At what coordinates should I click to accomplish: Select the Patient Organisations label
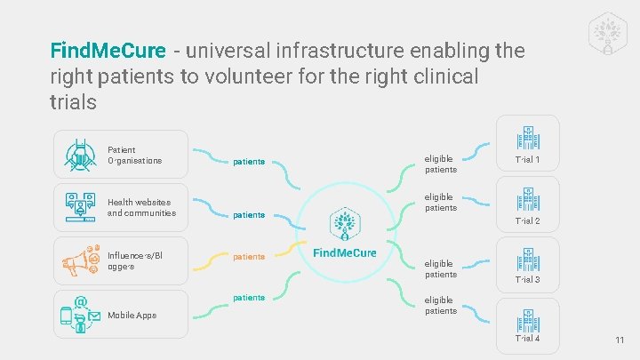coord(134,156)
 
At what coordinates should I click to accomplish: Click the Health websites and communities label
coord(141,207)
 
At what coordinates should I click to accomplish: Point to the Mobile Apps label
coord(132,316)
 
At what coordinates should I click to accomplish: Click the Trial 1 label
coord(528,161)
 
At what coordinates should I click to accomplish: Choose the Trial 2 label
coord(528,220)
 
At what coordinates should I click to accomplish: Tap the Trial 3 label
coord(528,280)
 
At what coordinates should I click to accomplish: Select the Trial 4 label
coord(528,338)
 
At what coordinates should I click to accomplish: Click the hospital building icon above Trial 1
coord(528,138)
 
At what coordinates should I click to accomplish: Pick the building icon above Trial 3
coord(528,259)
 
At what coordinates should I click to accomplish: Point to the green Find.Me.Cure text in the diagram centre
coord(345,253)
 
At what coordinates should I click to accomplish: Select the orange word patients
coord(249,257)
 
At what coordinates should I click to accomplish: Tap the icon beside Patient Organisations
coord(81,156)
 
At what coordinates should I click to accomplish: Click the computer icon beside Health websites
coord(81,207)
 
